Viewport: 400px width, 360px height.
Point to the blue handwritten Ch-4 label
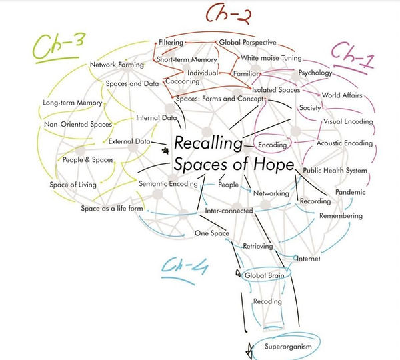187,267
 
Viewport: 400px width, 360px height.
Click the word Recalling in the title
207,143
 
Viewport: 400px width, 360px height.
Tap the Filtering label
171,43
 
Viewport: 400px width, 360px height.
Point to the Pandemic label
351,192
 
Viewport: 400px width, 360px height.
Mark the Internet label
309,259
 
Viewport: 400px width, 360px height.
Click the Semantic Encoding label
168,183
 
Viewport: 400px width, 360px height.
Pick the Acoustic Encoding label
345,143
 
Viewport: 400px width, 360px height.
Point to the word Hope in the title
271,164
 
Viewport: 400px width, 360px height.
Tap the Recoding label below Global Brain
267,302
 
